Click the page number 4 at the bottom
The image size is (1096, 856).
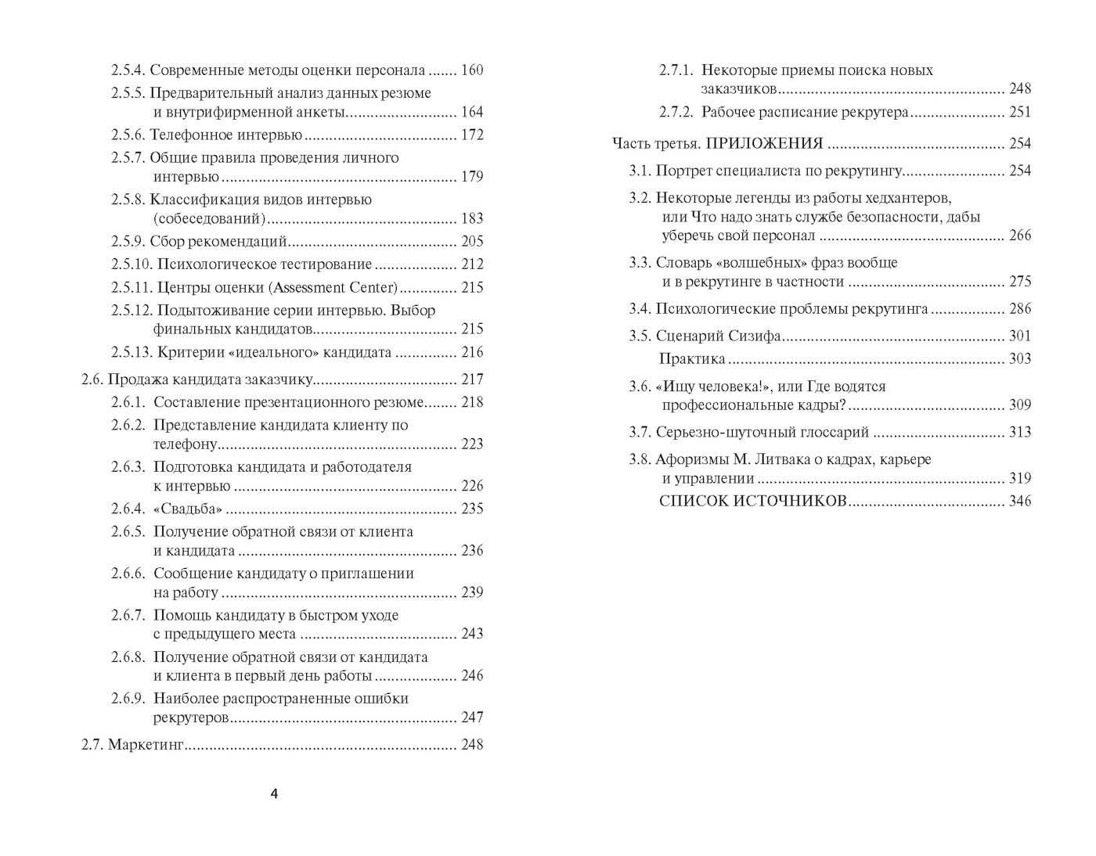[x=274, y=794]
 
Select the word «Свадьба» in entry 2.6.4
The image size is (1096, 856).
[x=188, y=509]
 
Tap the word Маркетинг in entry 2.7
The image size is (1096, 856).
[x=145, y=745]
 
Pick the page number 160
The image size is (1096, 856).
[x=472, y=70]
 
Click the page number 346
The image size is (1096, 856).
[x=1020, y=502]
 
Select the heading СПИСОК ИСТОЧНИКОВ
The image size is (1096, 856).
[x=753, y=502]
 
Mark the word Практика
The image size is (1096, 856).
[x=692, y=359]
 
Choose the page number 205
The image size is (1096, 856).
[x=472, y=242]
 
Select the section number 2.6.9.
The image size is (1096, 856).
[x=128, y=699]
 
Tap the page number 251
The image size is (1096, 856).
[x=1020, y=113]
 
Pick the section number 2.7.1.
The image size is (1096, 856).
[x=676, y=70]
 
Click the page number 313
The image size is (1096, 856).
[x=1020, y=433]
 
